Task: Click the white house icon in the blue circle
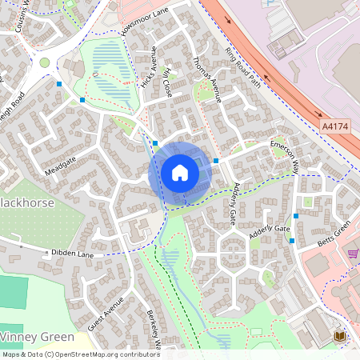tap(180, 173)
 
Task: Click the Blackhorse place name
tap(27, 202)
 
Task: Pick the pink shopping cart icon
tap(353, 253)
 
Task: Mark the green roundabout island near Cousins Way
tap(44, 62)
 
